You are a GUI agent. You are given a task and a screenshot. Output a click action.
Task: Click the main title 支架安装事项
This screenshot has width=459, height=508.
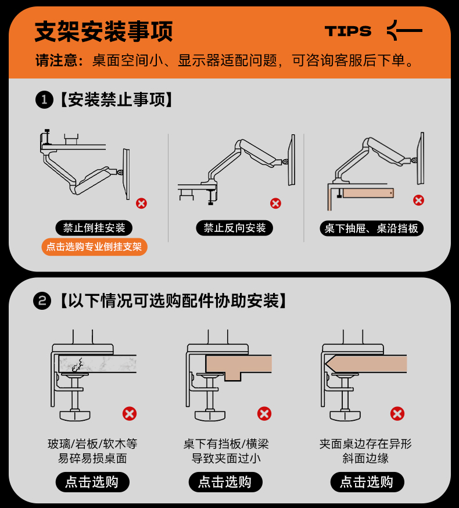103,31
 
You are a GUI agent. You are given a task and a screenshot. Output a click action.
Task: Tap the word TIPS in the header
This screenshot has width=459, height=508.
348,31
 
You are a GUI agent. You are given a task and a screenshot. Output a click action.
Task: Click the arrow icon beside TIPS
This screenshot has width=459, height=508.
404,30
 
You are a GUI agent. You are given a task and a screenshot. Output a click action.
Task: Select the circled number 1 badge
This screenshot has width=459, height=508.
44,99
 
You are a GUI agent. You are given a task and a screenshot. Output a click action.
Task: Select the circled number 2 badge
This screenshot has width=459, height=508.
42,301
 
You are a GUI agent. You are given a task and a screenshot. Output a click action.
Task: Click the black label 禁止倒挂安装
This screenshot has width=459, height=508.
94,228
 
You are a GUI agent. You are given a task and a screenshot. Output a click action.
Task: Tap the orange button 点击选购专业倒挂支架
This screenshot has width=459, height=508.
94,247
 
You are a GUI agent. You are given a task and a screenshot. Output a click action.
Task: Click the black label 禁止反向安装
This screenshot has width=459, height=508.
235,228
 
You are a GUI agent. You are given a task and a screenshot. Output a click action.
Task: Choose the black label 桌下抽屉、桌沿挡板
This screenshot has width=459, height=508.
371,228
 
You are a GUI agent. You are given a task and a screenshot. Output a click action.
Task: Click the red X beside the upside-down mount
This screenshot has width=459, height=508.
141,203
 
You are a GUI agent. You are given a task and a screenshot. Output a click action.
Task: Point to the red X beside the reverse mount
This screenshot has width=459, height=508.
275,203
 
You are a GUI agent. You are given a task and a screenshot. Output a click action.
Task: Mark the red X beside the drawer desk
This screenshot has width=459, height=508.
418,200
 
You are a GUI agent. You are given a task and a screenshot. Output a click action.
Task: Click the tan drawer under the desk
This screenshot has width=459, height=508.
368,193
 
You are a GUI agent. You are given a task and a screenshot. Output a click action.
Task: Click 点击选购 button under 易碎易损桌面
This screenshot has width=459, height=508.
92,482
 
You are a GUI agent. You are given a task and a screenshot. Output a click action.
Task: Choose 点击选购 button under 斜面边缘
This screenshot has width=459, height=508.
367,482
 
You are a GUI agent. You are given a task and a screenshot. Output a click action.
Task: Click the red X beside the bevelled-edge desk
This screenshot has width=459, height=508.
397,414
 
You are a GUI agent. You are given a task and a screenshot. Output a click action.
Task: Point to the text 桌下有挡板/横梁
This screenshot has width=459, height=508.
226,443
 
